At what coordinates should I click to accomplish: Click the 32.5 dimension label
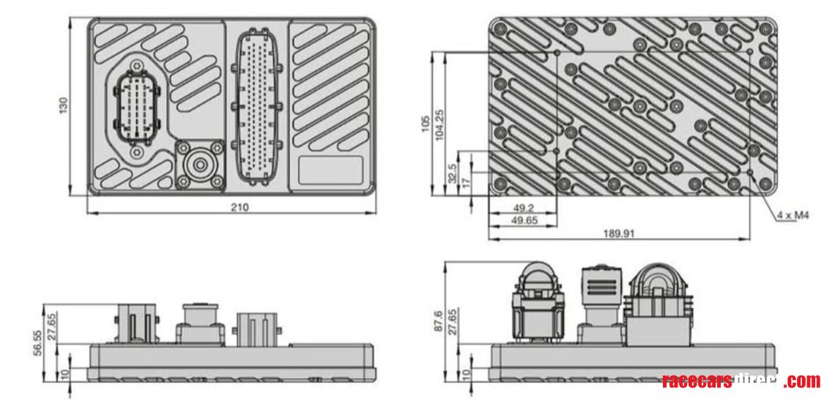(x=453, y=174)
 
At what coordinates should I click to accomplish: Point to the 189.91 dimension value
(x=619, y=234)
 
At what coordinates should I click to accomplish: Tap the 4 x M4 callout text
(x=793, y=215)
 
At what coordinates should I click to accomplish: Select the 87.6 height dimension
(x=438, y=321)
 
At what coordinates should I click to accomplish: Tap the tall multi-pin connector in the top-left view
(x=256, y=107)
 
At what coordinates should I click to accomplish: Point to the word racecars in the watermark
(x=697, y=381)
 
